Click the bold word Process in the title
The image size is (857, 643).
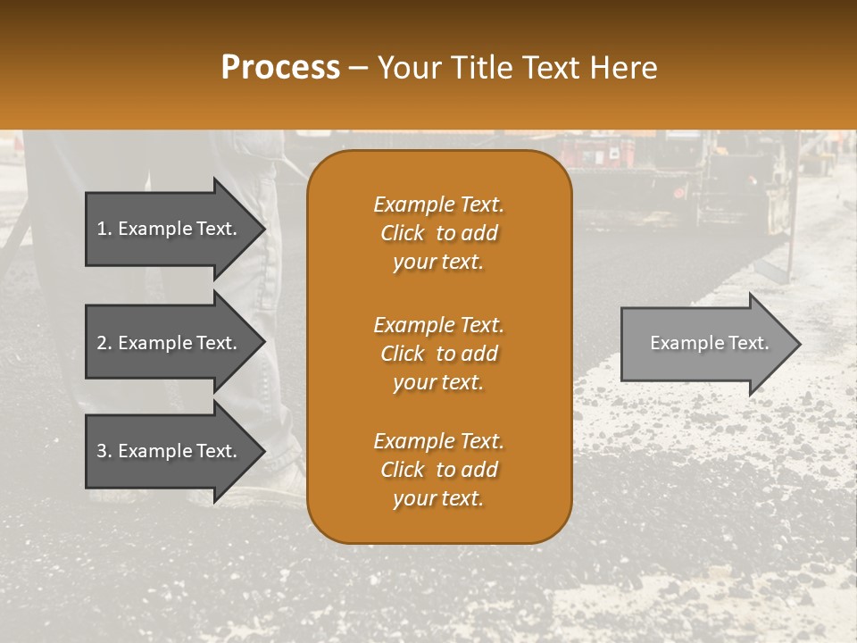(280, 68)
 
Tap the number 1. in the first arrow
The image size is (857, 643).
(104, 229)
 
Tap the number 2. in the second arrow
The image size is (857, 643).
(104, 343)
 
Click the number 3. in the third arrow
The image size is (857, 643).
(104, 451)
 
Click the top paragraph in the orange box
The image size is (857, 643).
(438, 233)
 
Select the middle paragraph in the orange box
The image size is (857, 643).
(438, 354)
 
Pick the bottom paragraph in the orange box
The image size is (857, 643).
(438, 470)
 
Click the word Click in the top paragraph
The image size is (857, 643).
(403, 233)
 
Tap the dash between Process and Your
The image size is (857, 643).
(358, 68)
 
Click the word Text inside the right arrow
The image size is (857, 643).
(749, 343)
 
